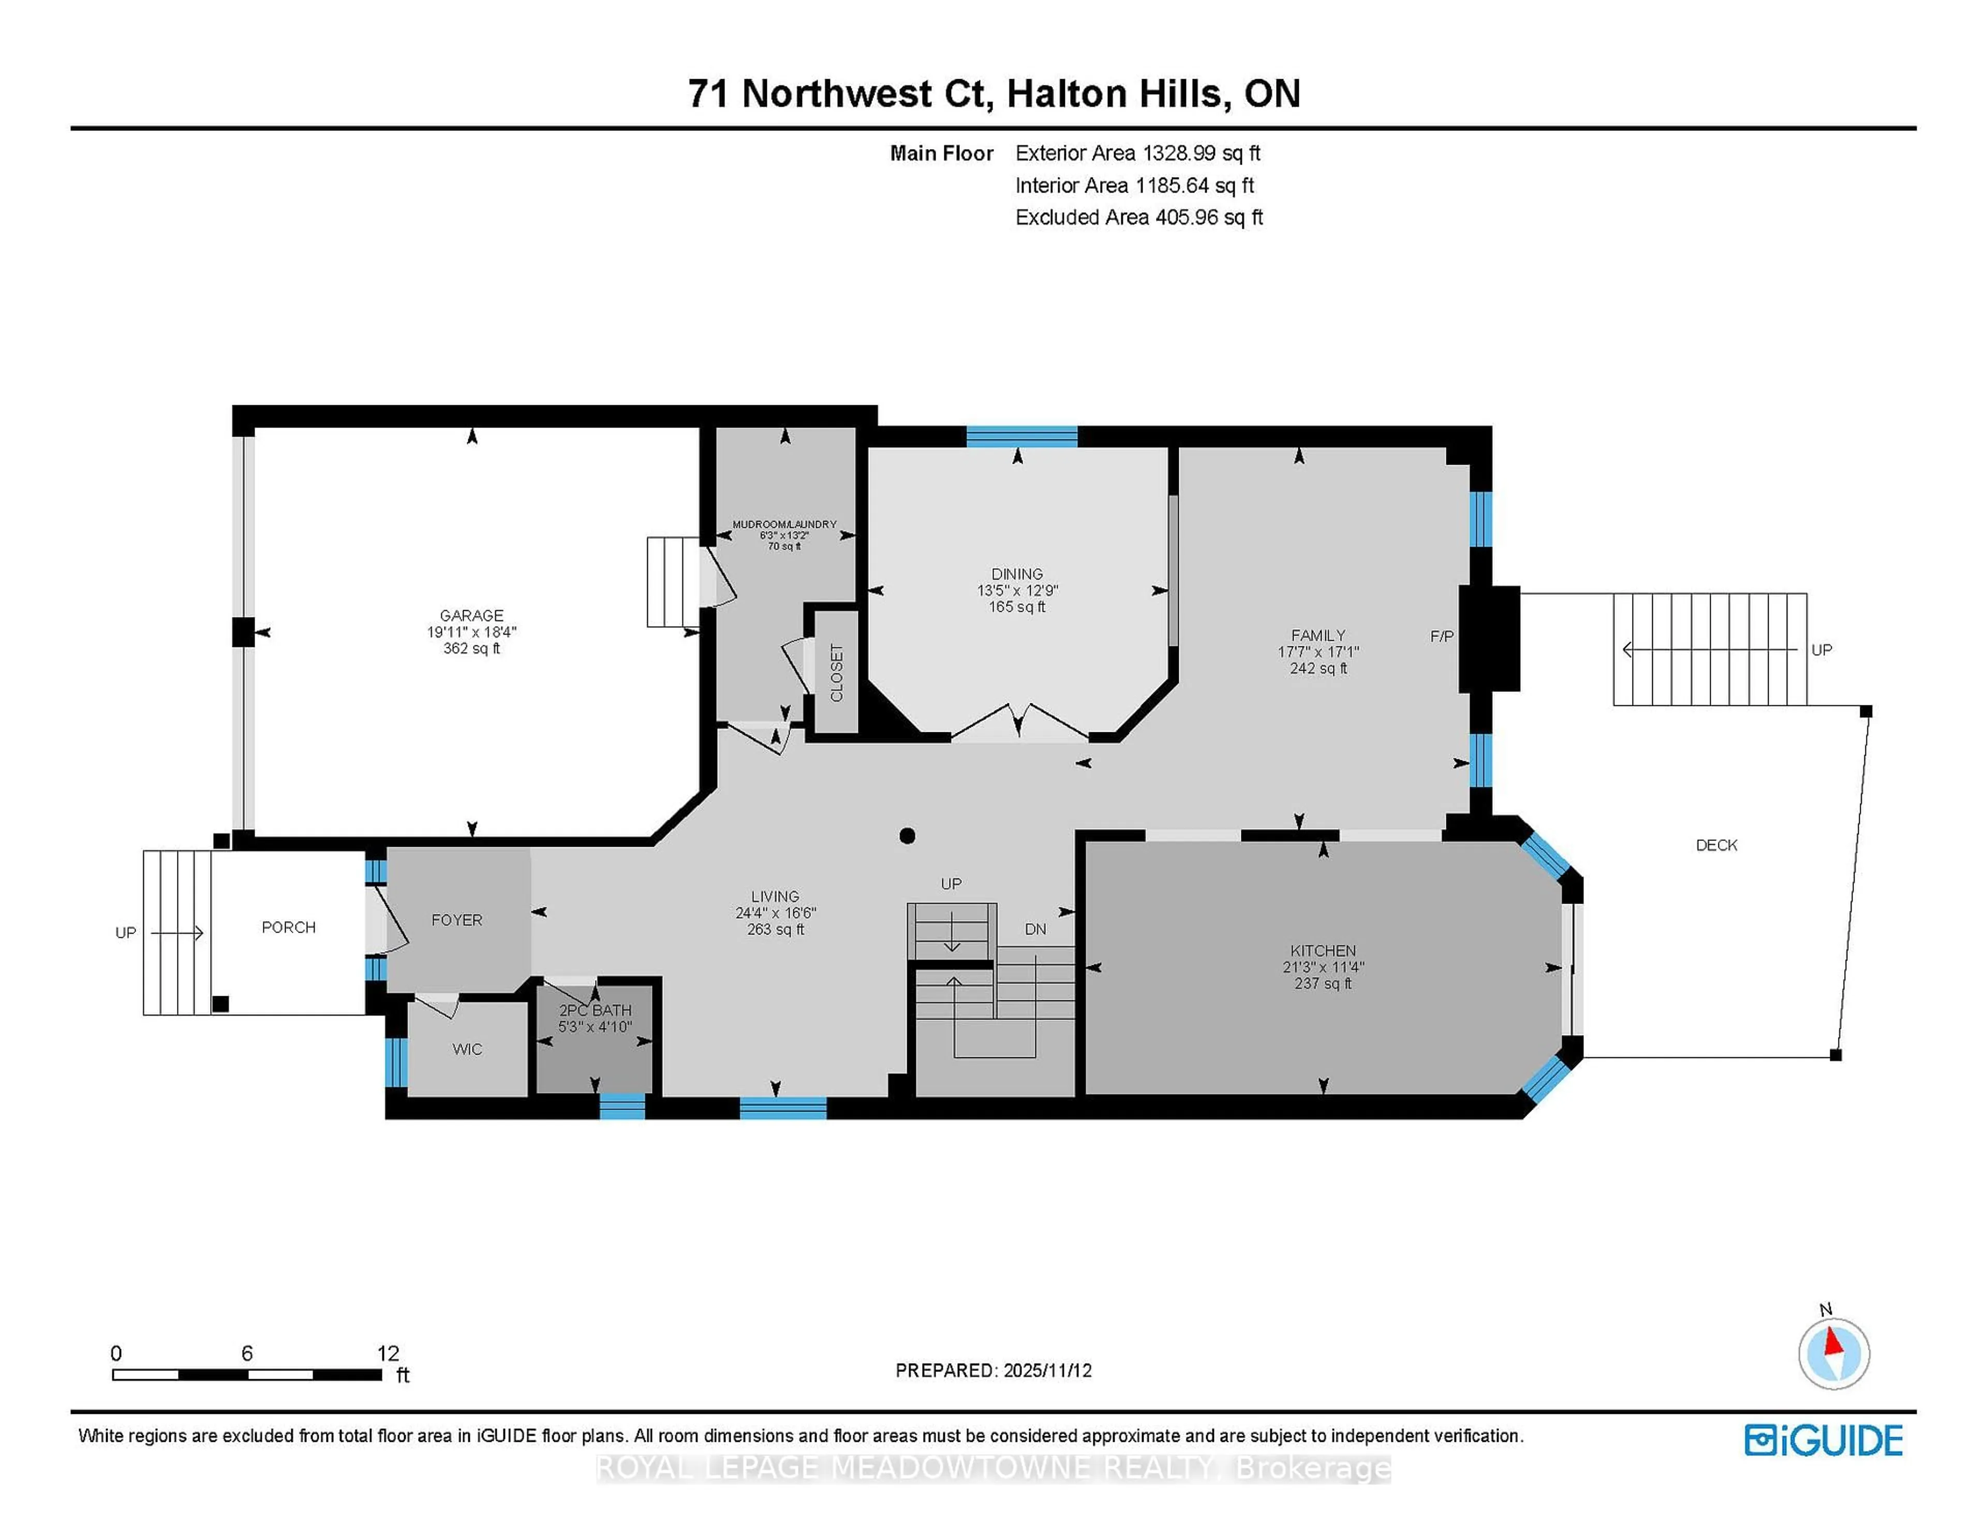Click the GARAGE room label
coord(471,615)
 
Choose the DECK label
coord(1716,845)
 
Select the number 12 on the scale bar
coord(388,1353)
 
